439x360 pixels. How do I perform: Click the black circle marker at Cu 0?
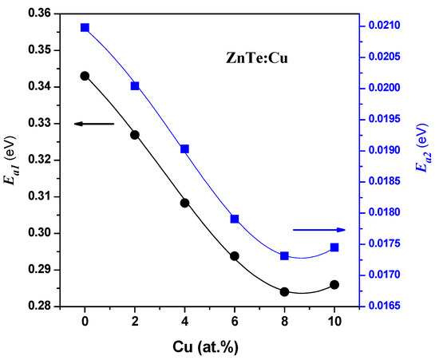coord(85,76)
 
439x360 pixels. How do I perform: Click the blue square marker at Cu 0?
coord(85,28)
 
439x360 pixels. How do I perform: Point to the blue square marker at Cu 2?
coord(135,86)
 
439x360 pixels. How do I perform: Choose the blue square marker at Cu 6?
coord(235,219)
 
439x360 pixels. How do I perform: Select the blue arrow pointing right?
coord(319,229)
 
